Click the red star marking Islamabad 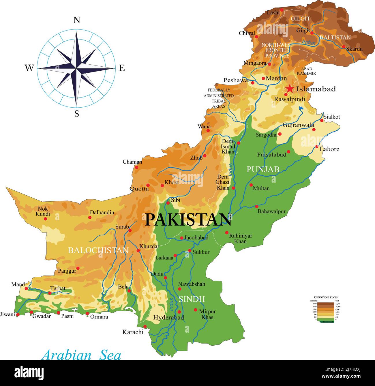pos(290,89)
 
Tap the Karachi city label pos(133,332)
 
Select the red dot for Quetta pos(148,185)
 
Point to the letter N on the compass pos(76,20)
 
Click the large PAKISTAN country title pos(188,220)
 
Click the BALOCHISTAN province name pos(98,250)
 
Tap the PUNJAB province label pos(263,169)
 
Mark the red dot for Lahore pos(317,146)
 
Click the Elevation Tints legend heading pos(325,297)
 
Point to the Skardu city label pos(354,49)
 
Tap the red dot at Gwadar pos(31,312)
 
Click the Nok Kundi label pos(43,211)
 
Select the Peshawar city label pos(237,80)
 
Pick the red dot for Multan pos(251,185)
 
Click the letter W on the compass pos(29,68)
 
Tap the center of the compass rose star pos(76,68)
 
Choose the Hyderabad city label pos(168,318)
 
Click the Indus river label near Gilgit pos(308,42)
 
